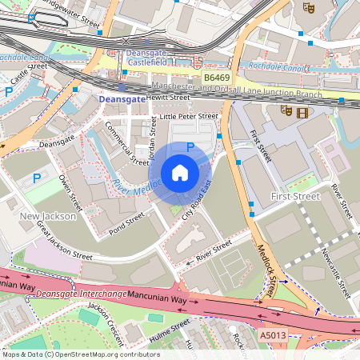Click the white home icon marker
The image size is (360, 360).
(180, 173)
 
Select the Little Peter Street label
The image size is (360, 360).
(189, 116)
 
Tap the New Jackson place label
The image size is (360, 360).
(47, 216)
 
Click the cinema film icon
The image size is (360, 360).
(301, 113)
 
